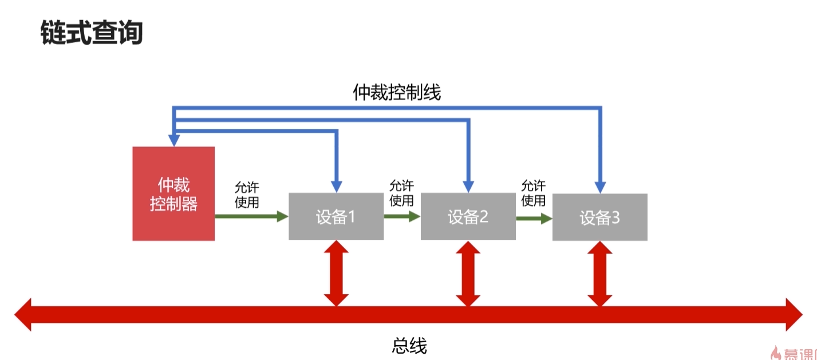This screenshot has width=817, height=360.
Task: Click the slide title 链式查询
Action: click(x=92, y=33)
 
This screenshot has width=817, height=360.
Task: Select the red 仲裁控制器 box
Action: click(x=173, y=193)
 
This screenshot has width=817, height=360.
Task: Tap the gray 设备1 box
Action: click(x=336, y=217)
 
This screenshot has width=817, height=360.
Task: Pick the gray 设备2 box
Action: click(x=468, y=217)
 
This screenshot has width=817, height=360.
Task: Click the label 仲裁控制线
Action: click(x=397, y=92)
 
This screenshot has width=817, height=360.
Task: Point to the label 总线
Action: click(x=409, y=345)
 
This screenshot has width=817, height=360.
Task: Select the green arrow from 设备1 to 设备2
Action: click(x=402, y=216)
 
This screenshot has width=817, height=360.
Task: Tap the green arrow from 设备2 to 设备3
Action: click(x=534, y=217)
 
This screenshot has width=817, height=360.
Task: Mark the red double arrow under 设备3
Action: click(x=599, y=273)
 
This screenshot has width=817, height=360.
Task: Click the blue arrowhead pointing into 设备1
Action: click(x=336, y=187)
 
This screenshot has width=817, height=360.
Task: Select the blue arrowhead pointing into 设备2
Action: click(x=468, y=187)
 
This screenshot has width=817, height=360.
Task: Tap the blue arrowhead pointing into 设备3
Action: click(x=600, y=187)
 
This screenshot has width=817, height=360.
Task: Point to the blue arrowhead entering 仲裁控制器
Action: click(x=174, y=140)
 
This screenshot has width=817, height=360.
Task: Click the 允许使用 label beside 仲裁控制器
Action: click(x=247, y=195)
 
